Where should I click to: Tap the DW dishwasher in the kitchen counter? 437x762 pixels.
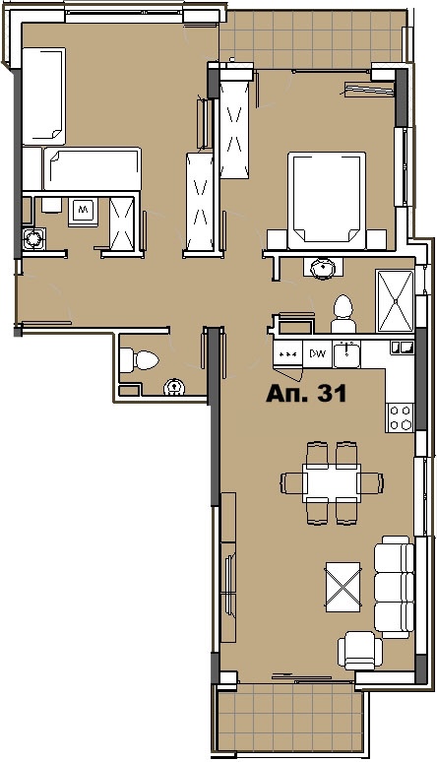tap(318, 352)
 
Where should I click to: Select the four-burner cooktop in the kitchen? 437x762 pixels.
tap(400, 417)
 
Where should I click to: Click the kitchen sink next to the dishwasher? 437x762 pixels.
tap(347, 352)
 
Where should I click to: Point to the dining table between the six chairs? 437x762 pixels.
tap(332, 482)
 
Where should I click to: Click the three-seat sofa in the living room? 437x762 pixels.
tap(395, 585)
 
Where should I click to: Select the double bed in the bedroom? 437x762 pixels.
tap(326, 198)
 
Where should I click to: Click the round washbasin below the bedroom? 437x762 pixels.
tap(322, 268)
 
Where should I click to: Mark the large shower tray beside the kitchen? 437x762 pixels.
tap(398, 296)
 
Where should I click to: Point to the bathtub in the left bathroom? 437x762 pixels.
tap(91, 167)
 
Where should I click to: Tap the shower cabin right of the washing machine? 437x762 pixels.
tap(124, 221)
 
